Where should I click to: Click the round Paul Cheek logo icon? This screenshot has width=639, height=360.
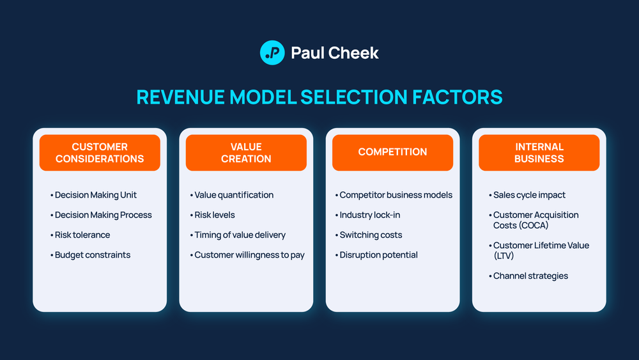(x=272, y=52)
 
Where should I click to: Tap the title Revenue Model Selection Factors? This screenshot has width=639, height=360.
(x=319, y=97)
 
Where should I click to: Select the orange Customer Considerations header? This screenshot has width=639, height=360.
(x=100, y=153)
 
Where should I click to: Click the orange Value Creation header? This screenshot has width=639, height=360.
(x=246, y=153)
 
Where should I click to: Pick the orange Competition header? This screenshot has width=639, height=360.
(x=392, y=152)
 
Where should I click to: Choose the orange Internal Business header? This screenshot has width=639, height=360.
(x=539, y=153)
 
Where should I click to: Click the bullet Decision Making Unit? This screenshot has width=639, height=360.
(x=95, y=195)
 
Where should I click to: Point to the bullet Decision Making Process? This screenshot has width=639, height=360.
(x=103, y=215)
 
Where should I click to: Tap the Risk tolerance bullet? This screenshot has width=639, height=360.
(x=82, y=235)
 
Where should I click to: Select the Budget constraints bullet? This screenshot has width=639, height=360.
(x=92, y=254)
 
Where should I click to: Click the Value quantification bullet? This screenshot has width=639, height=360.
(x=233, y=195)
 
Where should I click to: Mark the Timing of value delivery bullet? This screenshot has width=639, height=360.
(x=240, y=235)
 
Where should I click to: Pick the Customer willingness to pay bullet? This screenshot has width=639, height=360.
(x=249, y=254)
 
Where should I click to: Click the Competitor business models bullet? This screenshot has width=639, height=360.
(x=396, y=195)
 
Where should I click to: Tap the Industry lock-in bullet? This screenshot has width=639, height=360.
(x=369, y=215)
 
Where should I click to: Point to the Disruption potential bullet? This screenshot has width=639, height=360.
(x=378, y=254)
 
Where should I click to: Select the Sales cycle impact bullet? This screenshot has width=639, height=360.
(x=529, y=195)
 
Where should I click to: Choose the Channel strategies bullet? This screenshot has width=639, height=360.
(x=530, y=276)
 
